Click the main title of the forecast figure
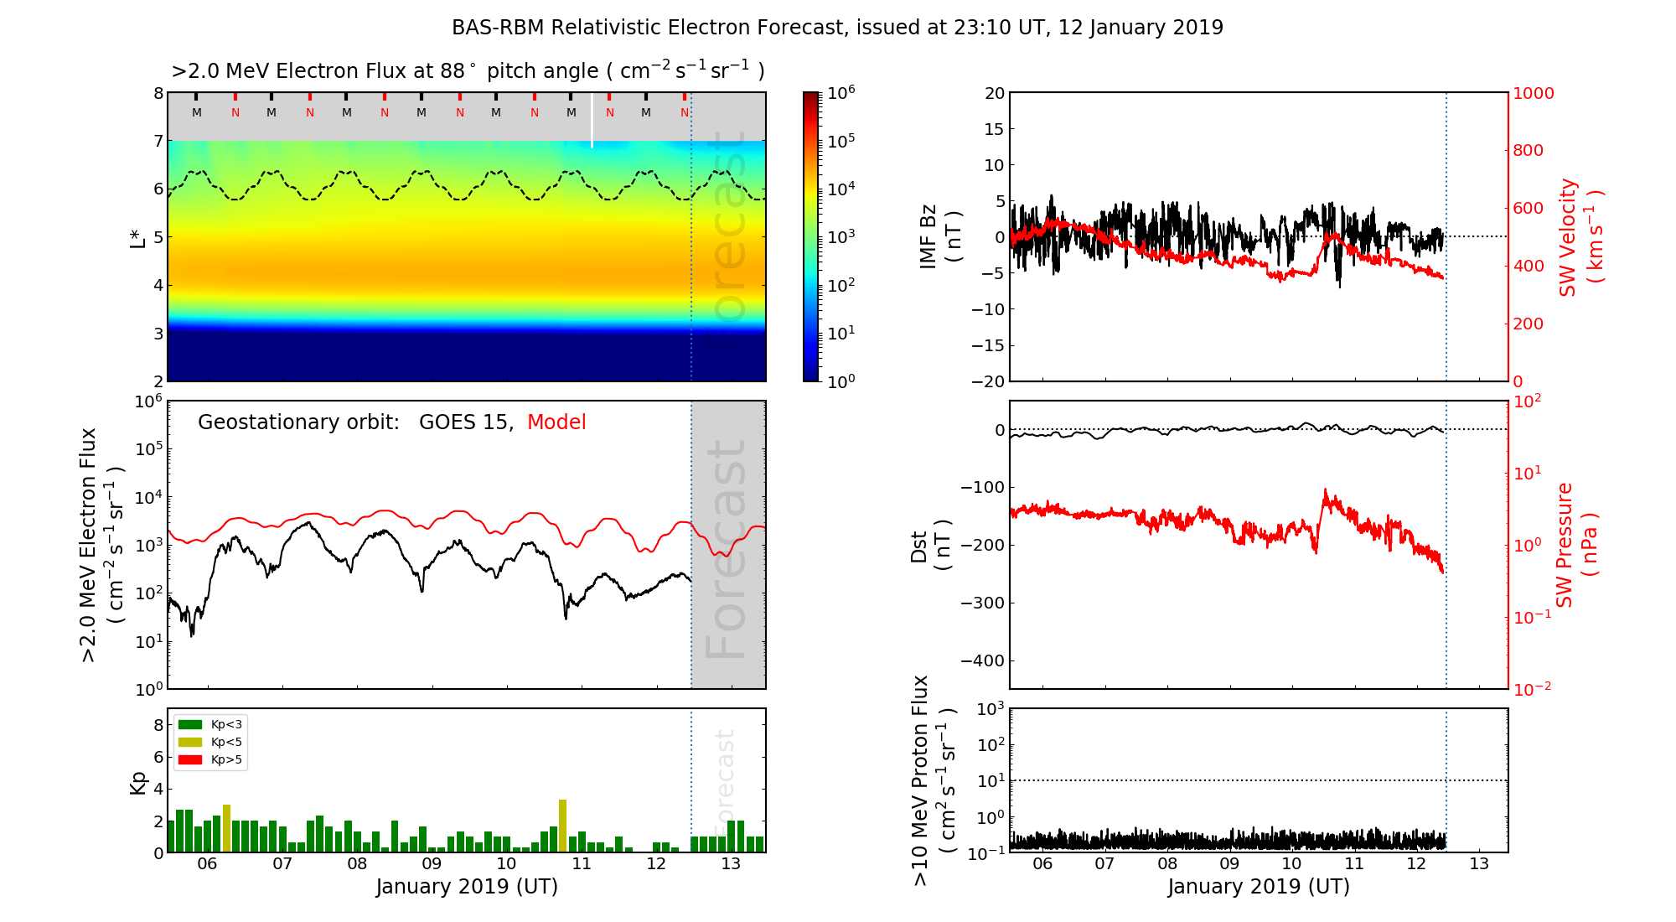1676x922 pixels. [x=837, y=28]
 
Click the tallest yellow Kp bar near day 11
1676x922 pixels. [x=563, y=826]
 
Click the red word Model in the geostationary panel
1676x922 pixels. [x=556, y=422]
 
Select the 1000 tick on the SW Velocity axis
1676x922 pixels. [x=1533, y=93]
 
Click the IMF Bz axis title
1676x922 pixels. [x=939, y=237]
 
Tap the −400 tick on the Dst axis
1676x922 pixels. [x=982, y=660]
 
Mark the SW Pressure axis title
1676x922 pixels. [x=1577, y=545]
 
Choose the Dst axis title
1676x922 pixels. [x=930, y=545]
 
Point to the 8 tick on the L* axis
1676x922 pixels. [x=158, y=93]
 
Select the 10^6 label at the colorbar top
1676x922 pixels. [x=841, y=92]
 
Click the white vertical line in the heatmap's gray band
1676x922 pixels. [x=592, y=120]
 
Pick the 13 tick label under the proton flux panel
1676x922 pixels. [x=1479, y=864]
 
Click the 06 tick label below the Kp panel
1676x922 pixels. [x=207, y=864]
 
